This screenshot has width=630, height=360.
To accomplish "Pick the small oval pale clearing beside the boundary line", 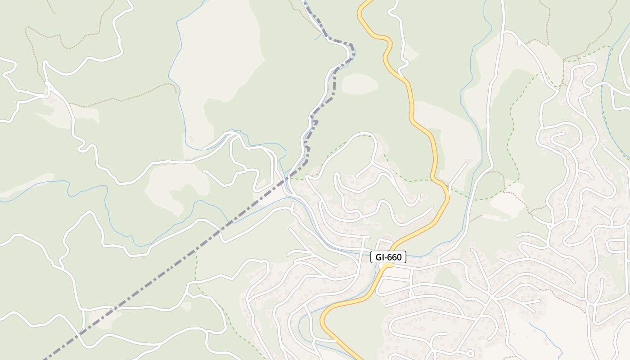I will tap(359, 84).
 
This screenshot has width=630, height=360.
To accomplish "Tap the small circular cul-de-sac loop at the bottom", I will tap(469, 353).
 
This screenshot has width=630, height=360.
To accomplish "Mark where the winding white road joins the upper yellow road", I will tap(399, 71).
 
